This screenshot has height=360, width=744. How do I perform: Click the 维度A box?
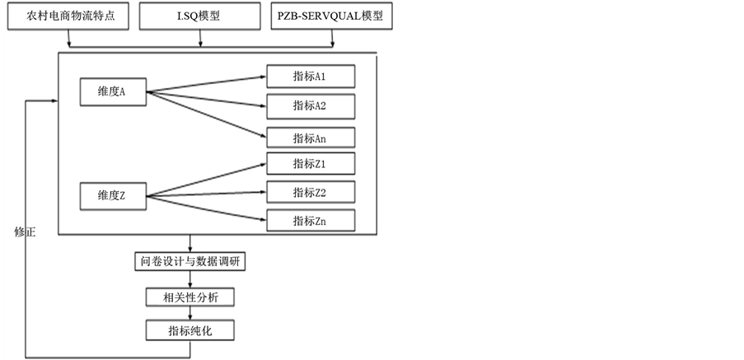point(112,92)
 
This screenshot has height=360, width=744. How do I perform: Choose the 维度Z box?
point(112,196)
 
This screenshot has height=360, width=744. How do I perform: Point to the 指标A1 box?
point(310,77)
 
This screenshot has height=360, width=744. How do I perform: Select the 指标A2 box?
point(310,106)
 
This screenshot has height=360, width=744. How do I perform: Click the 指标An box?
point(310,138)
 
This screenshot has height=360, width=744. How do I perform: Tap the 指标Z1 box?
point(310,163)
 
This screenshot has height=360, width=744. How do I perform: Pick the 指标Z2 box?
point(310,192)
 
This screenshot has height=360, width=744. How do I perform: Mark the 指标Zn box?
point(310,221)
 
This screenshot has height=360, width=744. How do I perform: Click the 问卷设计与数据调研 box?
point(190,262)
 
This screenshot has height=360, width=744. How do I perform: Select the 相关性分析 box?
point(190,297)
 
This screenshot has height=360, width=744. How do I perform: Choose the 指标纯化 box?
point(190,330)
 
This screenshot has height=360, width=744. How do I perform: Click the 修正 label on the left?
point(25,231)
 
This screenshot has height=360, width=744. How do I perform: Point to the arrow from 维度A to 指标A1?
point(206,84)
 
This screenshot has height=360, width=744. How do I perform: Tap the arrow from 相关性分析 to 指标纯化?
point(190,313)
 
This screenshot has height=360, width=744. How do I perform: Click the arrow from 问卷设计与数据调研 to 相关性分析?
point(190,279)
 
